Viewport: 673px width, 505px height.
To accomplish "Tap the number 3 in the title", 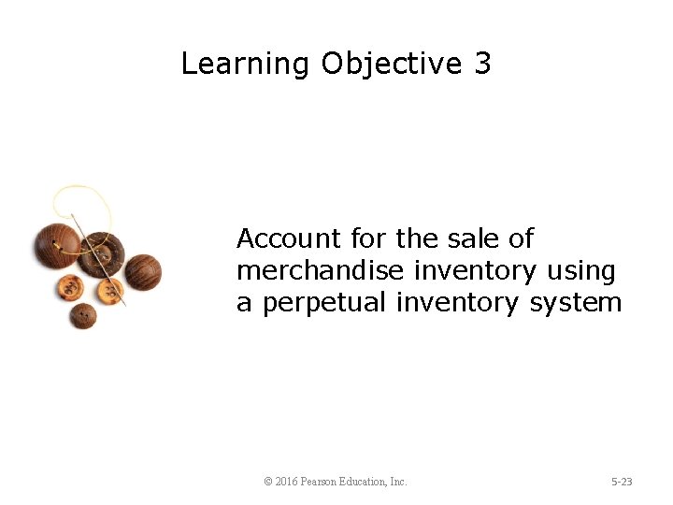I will pos(482,65).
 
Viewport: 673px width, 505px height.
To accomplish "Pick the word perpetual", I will pos(325,303).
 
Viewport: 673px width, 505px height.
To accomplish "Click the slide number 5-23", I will pos(622,482).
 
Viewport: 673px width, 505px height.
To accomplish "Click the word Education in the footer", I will pos(370,482).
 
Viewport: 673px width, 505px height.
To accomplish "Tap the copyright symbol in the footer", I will pos(268,482).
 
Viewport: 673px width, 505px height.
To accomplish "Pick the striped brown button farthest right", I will pos(142,272).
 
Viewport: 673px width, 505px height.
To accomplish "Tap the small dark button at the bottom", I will pos(83,315).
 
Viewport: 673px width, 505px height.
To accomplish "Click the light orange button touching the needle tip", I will pos(110,292).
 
